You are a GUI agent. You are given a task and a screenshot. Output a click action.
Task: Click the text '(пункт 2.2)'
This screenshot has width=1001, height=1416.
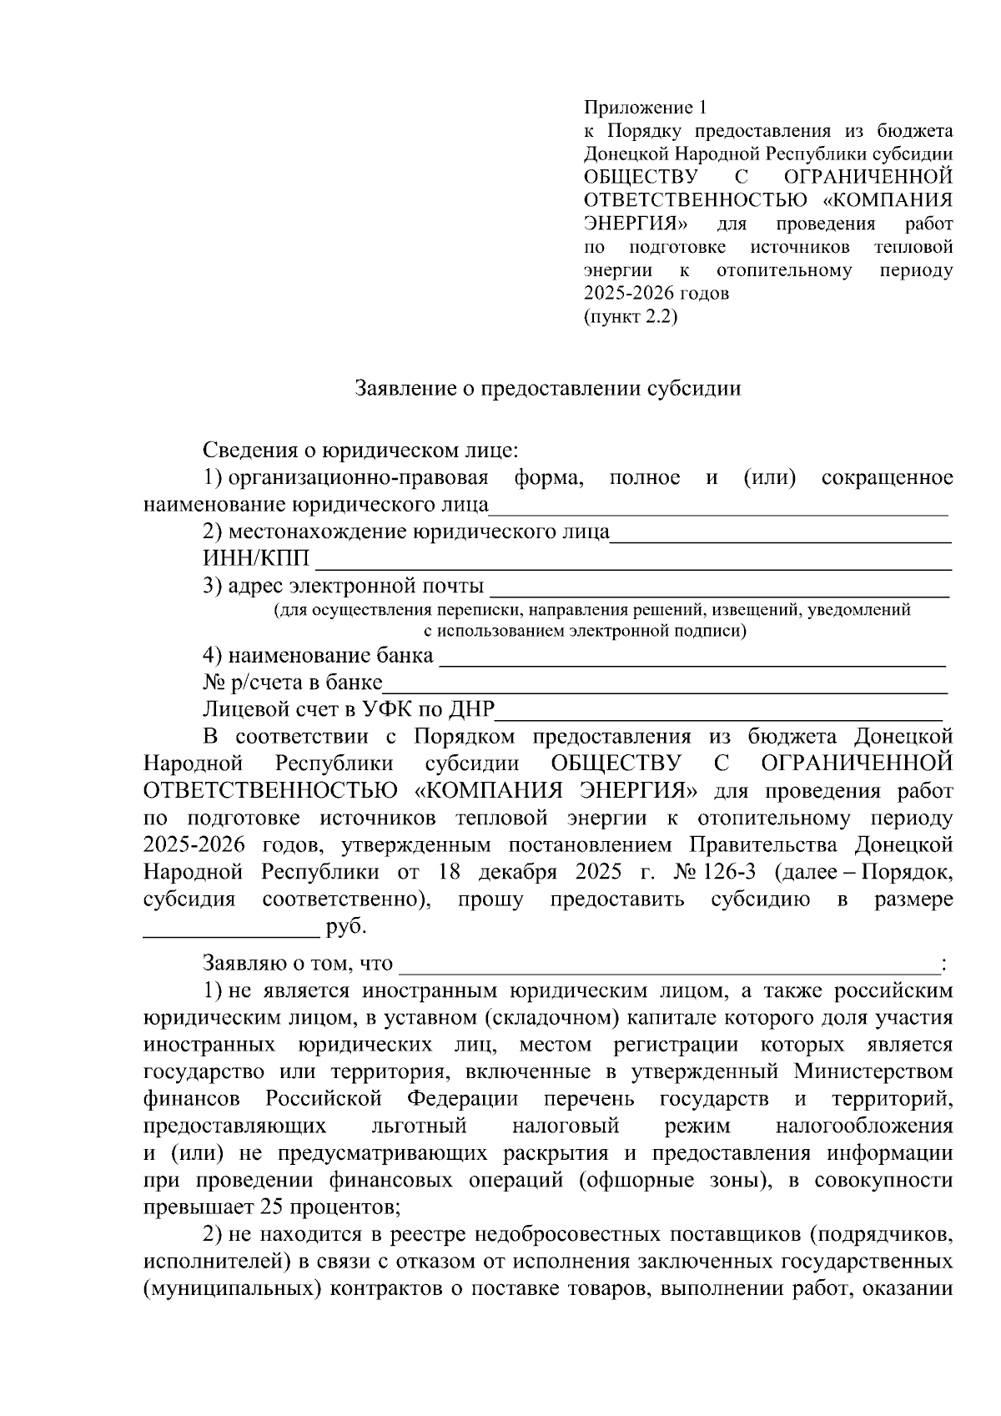[x=630, y=317]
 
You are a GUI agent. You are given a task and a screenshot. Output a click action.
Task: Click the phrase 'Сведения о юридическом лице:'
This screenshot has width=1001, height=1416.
[x=360, y=451]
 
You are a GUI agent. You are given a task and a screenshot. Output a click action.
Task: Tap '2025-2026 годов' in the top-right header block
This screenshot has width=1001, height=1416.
[x=656, y=294]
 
